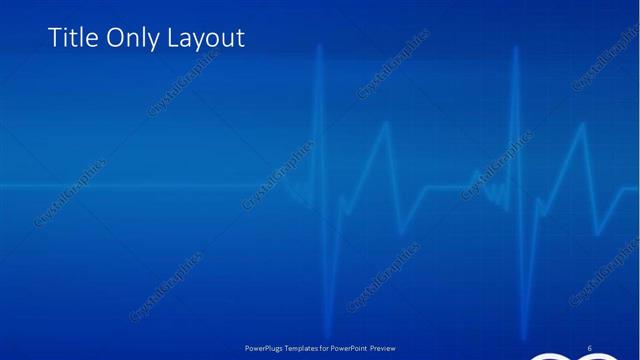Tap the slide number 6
589,348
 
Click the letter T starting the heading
54,39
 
